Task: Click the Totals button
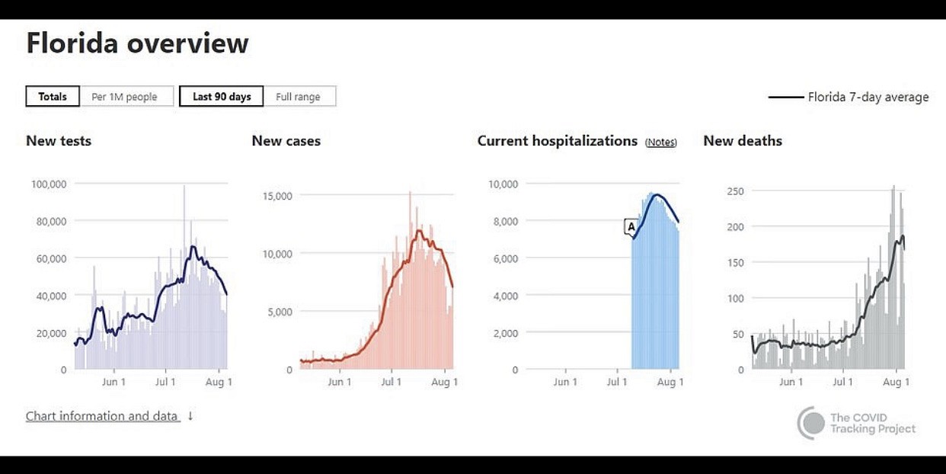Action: point(53,97)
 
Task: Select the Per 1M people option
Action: point(125,97)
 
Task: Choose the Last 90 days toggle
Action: point(222,97)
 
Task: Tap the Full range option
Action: point(298,97)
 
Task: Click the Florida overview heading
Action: point(137,43)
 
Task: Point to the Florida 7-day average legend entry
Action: point(849,97)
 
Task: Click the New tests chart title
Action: point(59,141)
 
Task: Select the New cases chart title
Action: point(286,141)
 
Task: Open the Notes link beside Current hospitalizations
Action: point(660,143)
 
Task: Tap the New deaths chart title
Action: point(743,141)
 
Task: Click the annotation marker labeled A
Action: point(631,226)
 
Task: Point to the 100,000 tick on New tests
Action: point(49,184)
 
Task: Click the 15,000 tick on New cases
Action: point(277,196)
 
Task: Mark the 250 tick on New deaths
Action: point(734,191)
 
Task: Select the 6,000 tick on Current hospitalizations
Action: point(503,258)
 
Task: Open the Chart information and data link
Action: point(102,416)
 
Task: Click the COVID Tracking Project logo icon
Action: point(811,423)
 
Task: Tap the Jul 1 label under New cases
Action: point(391,382)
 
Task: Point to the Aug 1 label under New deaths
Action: point(896,382)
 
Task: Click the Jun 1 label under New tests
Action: point(113,382)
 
